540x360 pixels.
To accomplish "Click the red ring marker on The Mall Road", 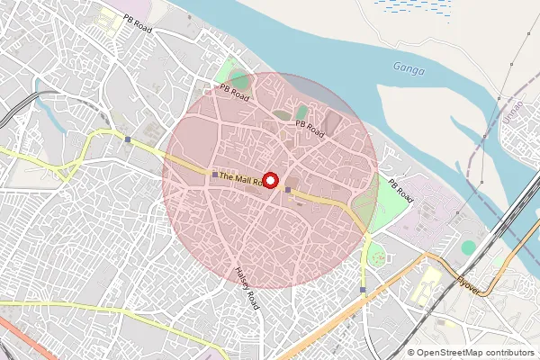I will (271, 180).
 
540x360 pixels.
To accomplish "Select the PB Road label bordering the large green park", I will (400, 191).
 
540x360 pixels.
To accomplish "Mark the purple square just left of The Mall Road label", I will (213, 174).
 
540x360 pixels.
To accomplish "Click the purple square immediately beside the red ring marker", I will (287, 189).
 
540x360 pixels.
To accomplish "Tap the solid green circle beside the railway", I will (468, 247).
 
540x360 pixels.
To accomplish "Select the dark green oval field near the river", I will (301, 112).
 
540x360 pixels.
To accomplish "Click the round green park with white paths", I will (376, 257).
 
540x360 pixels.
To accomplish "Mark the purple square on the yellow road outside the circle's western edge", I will (129, 139).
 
